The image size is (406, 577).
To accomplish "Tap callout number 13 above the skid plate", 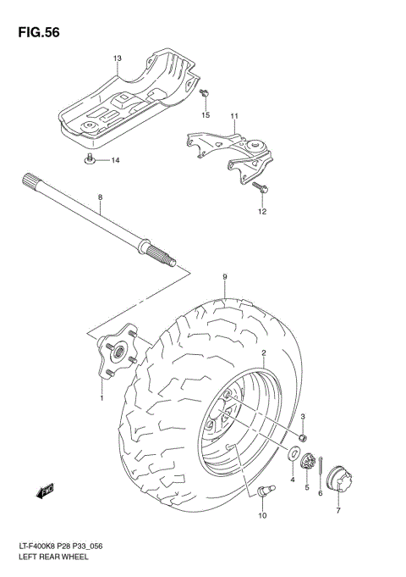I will point(118,58).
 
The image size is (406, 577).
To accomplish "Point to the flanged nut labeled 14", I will point(91,158).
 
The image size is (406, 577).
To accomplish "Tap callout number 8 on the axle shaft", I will point(100,198).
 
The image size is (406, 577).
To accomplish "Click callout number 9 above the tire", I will point(225,277).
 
